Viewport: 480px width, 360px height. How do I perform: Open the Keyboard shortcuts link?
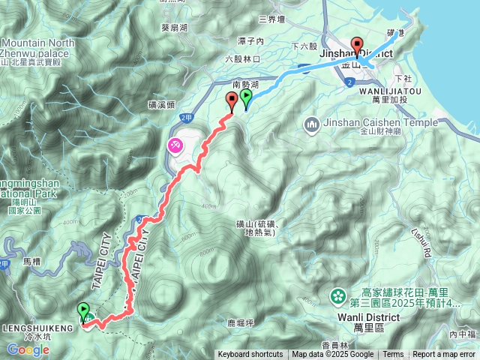pyautogui.click(x=250, y=355)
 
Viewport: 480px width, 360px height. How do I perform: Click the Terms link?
pyautogui.click(x=393, y=355)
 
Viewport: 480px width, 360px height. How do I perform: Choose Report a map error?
pyautogui.click(x=444, y=355)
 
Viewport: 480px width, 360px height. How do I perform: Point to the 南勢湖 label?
pyautogui.click(x=246, y=85)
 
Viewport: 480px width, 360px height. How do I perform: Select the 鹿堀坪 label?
pyautogui.click(x=241, y=323)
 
